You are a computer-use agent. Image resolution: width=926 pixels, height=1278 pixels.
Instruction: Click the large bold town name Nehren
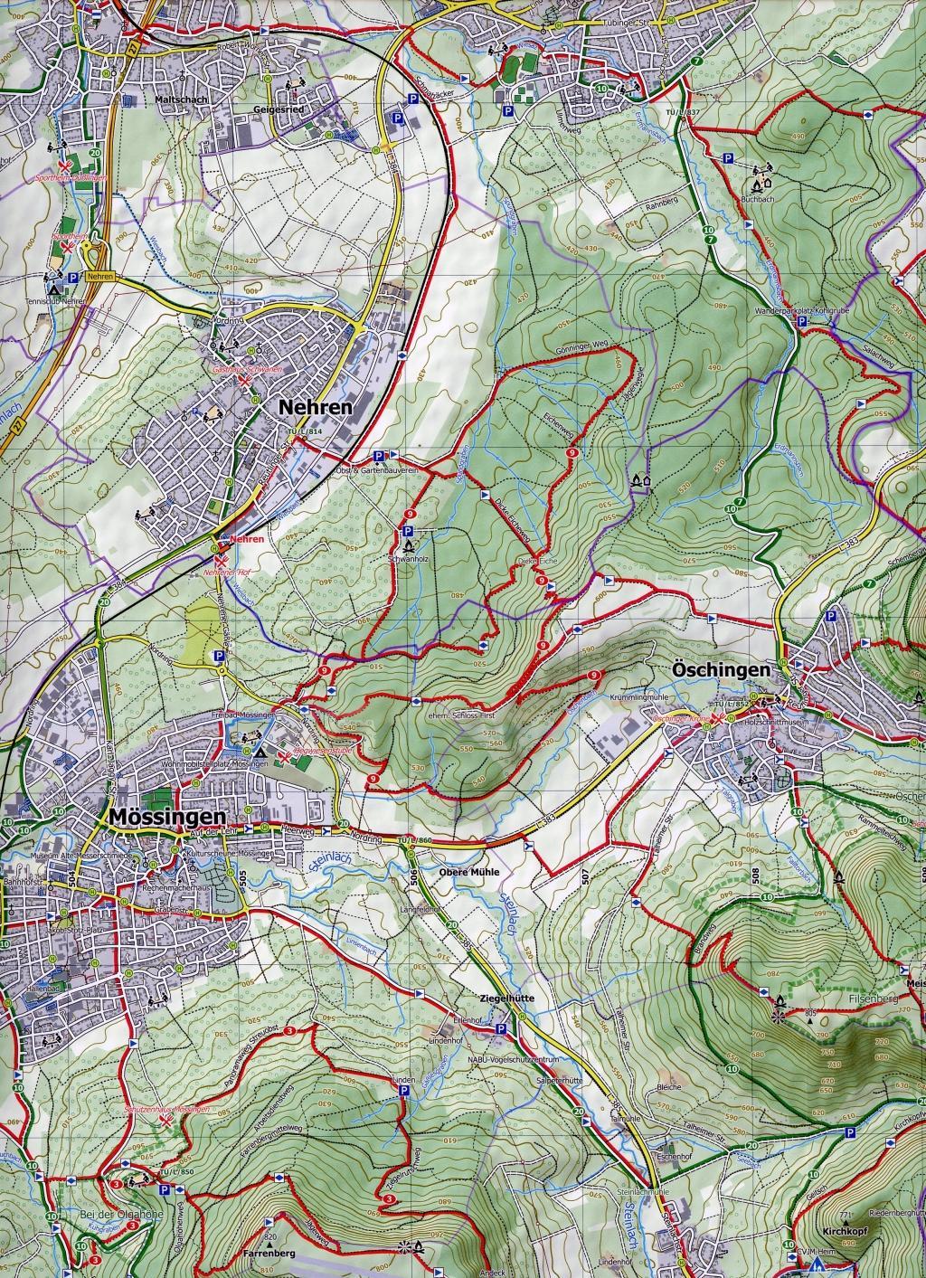point(316,408)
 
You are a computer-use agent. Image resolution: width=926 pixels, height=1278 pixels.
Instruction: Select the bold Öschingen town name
point(720,670)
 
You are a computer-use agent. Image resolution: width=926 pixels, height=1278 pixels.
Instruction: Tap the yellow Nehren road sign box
point(99,279)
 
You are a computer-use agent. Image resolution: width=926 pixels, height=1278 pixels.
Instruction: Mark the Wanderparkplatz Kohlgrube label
point(793,311)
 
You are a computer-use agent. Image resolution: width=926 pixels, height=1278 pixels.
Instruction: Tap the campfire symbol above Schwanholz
point(408,547)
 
